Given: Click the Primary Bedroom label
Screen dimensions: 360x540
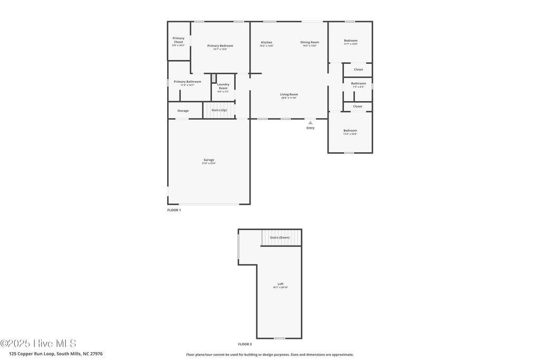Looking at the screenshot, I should (x=220, y=46).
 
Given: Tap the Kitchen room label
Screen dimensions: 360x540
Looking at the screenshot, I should (x=266, y=42).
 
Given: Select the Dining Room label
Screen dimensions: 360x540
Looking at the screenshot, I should (x=310, y=42).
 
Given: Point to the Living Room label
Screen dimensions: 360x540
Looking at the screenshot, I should (x=288, y=94).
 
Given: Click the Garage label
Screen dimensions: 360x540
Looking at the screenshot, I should (x=209, y=160).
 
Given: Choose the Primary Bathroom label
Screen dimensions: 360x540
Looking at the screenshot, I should (x=187, y=82).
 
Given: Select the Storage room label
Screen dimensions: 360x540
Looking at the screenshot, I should (x=183, y=111).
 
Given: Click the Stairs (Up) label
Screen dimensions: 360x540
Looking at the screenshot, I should (x=219, y=110).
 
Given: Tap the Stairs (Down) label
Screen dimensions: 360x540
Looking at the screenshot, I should (x=279, y=238).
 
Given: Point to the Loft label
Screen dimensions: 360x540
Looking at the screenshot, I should (x=281, y=284).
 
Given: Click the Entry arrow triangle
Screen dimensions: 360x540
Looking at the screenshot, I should (x=310, y=123).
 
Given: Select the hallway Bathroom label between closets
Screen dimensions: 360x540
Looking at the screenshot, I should (x=359, y=83).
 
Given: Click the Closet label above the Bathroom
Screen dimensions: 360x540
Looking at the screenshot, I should (x=358, y=70).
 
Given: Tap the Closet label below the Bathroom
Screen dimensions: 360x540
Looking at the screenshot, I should (x=358, y=106).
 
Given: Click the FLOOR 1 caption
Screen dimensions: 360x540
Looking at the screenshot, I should (x=174, y=210).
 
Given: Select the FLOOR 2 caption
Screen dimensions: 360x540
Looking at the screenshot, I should (x=245, y=344).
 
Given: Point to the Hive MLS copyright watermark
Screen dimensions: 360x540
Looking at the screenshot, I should (x=38, y=343).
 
